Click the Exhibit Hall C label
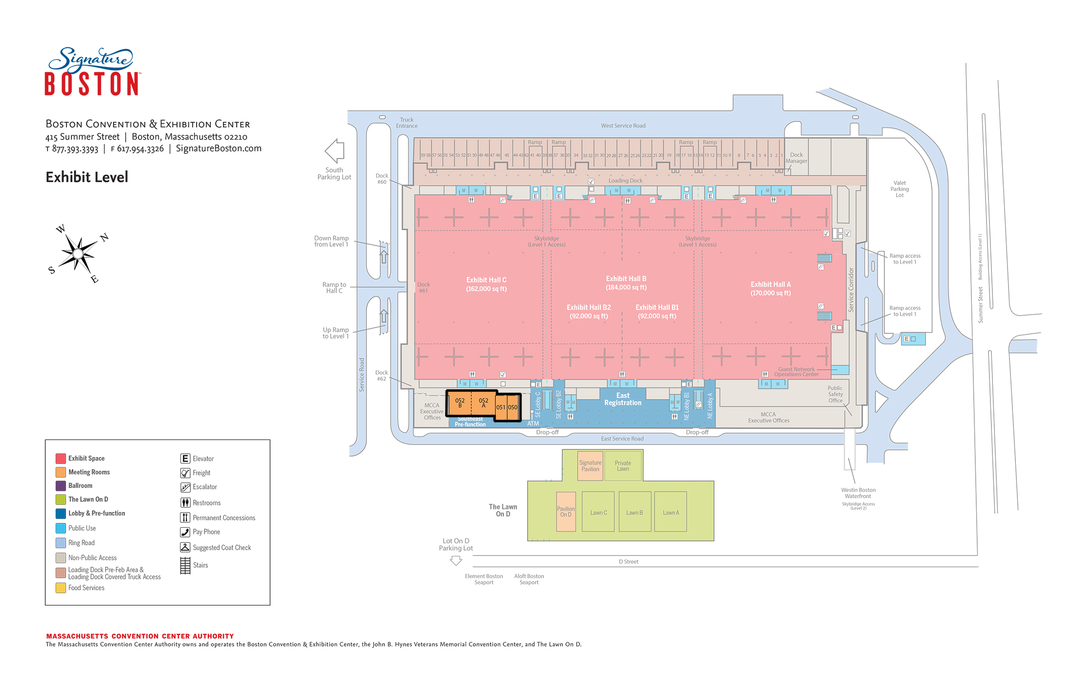pyautogui.click(x=486, y=284)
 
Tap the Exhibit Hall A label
pyautogui.click(x=770, y=289)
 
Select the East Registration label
pyautogui.click(x=623, y=399)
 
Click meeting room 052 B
pyautogui.click(x=460, y=403)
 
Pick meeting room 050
pyautogui.click(x=513, y=407)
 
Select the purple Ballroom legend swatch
pyautogui.click(x=61, y=486)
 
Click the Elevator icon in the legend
pyautogui.click(x=185, y=459)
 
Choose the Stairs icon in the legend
pyautogui.click(x=185, y=565)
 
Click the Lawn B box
pyautogui.click(x=634, y=512)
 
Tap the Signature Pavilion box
pyautogui.click(x=590, y=465)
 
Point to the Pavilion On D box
pyautogui.click(x=566, y=511)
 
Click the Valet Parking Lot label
pyautogui.click(x=899, y=189)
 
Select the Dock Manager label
pyautogui.click(x=796, y=158)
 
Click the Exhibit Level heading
pyautogui.click(x=87, y=177)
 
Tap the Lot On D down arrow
pyautogui.click(x=456, y=561)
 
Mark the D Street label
pyautogui.click(x=628, y=561)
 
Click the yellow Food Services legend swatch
pyautogui.click(x=61, y=588)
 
